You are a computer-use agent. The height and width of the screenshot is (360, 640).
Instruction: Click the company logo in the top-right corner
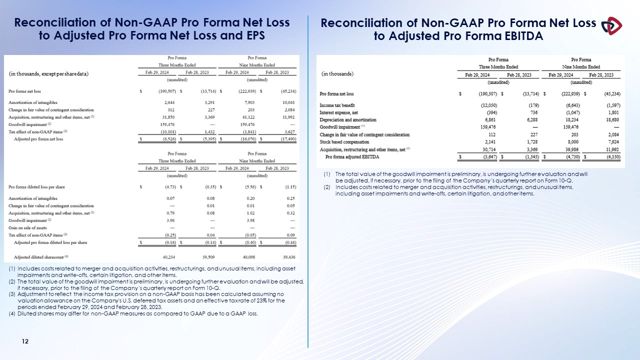(x=611, y=25)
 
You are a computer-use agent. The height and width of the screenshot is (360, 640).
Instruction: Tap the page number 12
(x=24, y=341)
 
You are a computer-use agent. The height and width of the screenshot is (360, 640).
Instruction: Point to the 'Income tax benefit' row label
(x=337, y=105)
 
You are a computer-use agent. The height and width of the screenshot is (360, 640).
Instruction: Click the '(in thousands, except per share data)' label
(x=48, y=74)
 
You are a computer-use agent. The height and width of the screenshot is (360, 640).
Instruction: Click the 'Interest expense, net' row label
(x=338, y=112)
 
